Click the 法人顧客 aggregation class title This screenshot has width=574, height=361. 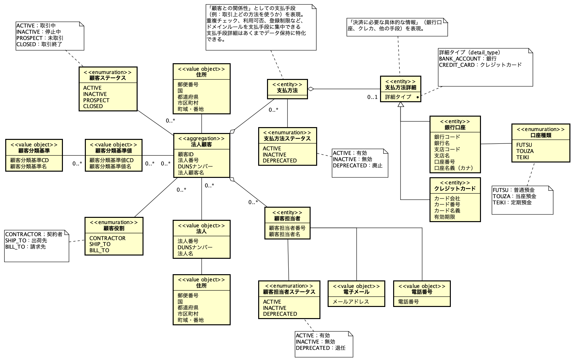tap(201, 144)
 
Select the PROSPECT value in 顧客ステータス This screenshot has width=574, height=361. tap(96, 100)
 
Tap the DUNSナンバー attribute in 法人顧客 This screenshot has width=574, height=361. tap(195, 166)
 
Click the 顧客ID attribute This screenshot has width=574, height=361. tap(185, 154)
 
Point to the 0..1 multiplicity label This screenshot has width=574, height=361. tap(372, 97)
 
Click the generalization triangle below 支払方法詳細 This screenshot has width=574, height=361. tap(400, 105)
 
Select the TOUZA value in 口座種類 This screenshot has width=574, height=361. tap(525, 151)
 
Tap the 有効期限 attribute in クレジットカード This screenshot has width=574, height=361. tap(444, 217)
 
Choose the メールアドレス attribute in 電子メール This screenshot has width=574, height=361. tap(351, 302)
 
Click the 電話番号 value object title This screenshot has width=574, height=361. tap(422, 292)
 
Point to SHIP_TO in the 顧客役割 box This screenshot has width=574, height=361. tap(100, 244)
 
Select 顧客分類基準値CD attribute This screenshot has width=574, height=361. tap(111, 160)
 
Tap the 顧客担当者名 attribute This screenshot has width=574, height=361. tap(284, 234)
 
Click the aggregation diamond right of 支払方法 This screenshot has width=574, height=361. tap(311, 89)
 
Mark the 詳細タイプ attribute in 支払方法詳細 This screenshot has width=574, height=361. tap(398, 97)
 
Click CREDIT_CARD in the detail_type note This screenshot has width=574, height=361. tap(457, 65)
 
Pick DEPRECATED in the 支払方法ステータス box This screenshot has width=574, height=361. tap(279, 161)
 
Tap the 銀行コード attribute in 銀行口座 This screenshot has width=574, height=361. tap(447, 137)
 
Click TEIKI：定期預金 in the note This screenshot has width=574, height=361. tap(512, 202)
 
